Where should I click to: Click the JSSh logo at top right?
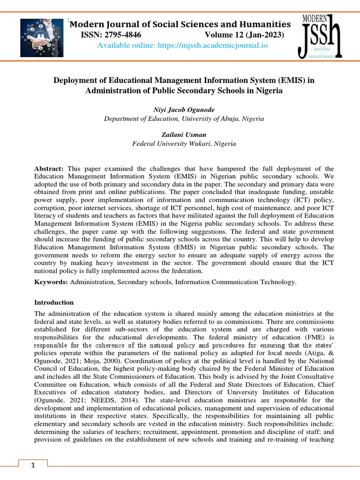pos(321,37)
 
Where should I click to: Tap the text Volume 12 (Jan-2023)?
pos(244,35)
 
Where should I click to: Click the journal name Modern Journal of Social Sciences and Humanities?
pos(180,24)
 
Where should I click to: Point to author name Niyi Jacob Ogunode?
pos(184,110)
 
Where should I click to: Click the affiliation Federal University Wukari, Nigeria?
pos(184,144)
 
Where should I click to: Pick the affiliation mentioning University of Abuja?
pos(184,119)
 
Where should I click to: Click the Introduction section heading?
pos(54,303)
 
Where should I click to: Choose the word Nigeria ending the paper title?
pos(270,90)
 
